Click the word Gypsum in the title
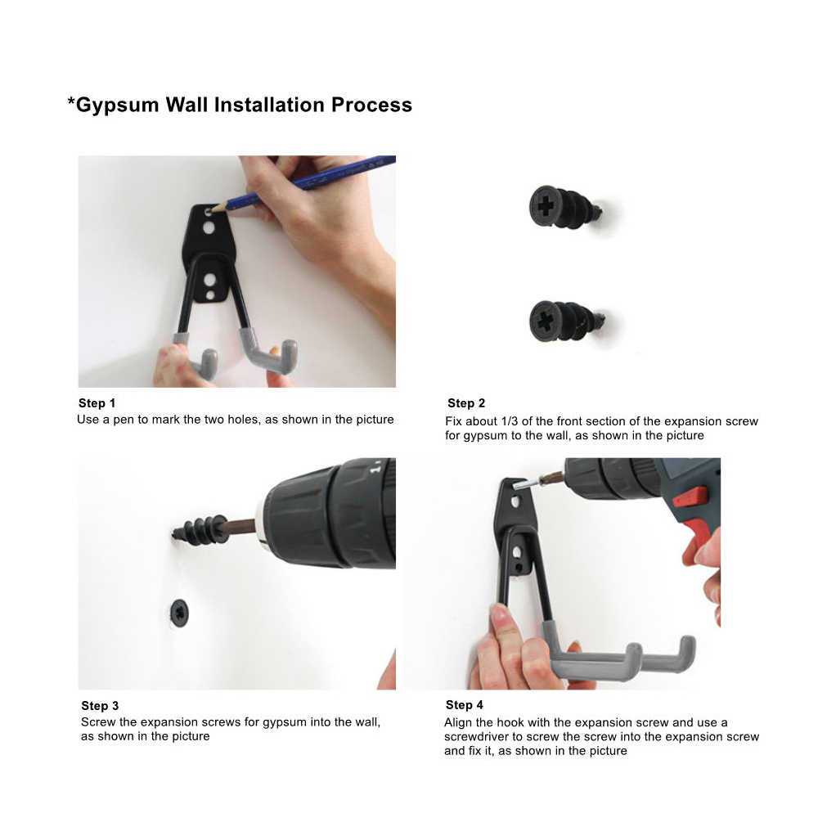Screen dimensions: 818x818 pos(117,106)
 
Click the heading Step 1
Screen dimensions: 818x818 pos(97,403)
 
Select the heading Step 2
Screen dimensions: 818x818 pos(466,403)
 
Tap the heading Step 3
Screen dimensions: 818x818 pos(100,706)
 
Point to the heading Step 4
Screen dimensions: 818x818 pos(465,705)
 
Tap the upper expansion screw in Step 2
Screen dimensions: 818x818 pos(565,208)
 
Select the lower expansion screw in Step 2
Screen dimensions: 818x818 pos(566,321)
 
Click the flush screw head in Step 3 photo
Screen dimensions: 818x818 pos(179,613)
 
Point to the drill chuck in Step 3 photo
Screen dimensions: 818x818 pos(330,514)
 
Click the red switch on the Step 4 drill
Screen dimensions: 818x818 pos(689,497)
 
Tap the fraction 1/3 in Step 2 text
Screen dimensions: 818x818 pos(510,421)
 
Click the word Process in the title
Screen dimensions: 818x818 pos(372,106)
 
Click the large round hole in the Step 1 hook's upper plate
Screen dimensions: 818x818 pos(208,228)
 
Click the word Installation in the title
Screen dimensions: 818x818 pos(269,106)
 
